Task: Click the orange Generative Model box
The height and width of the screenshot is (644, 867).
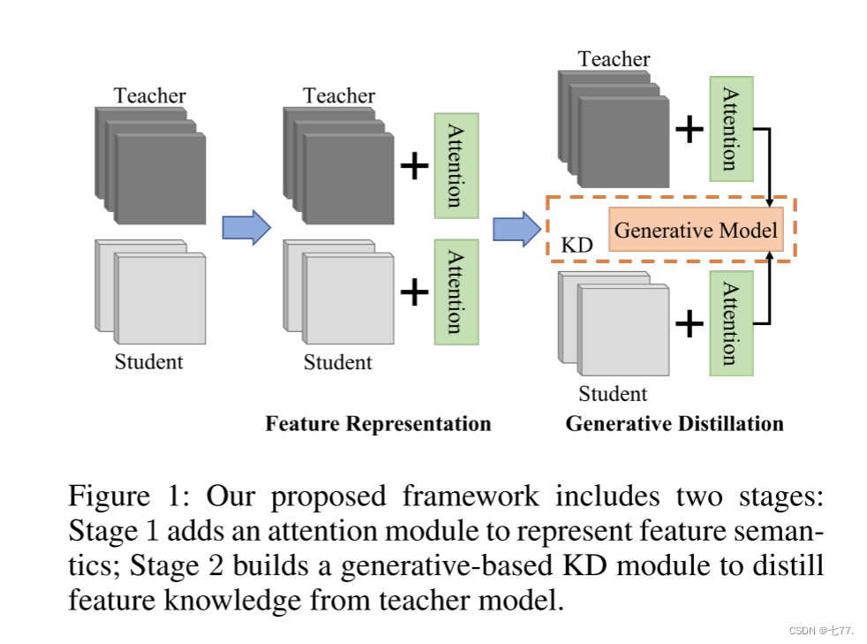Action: coord(696,230)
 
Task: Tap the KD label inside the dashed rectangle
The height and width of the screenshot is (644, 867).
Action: coord(577,245)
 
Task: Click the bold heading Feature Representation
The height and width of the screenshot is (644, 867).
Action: coord(378,423)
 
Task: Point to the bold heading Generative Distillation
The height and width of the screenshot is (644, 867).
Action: coord(675,423)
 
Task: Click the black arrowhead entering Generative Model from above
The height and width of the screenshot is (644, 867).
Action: coord(772,202)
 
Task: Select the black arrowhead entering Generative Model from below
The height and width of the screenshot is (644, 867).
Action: coord(772,256)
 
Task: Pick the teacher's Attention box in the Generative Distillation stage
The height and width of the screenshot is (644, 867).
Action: coord(731,128)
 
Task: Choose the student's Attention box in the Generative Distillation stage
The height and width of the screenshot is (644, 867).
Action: coord(731,322)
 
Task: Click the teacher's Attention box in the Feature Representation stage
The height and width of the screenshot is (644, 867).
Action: coord(456,165)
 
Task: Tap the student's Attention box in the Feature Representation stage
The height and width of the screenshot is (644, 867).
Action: coord(456,292)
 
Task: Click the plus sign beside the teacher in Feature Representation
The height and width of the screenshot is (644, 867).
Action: coord(413,166)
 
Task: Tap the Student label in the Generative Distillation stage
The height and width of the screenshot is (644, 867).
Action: coord(613,393)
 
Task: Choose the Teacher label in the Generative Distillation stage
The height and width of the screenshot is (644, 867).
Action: coord(614,59)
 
